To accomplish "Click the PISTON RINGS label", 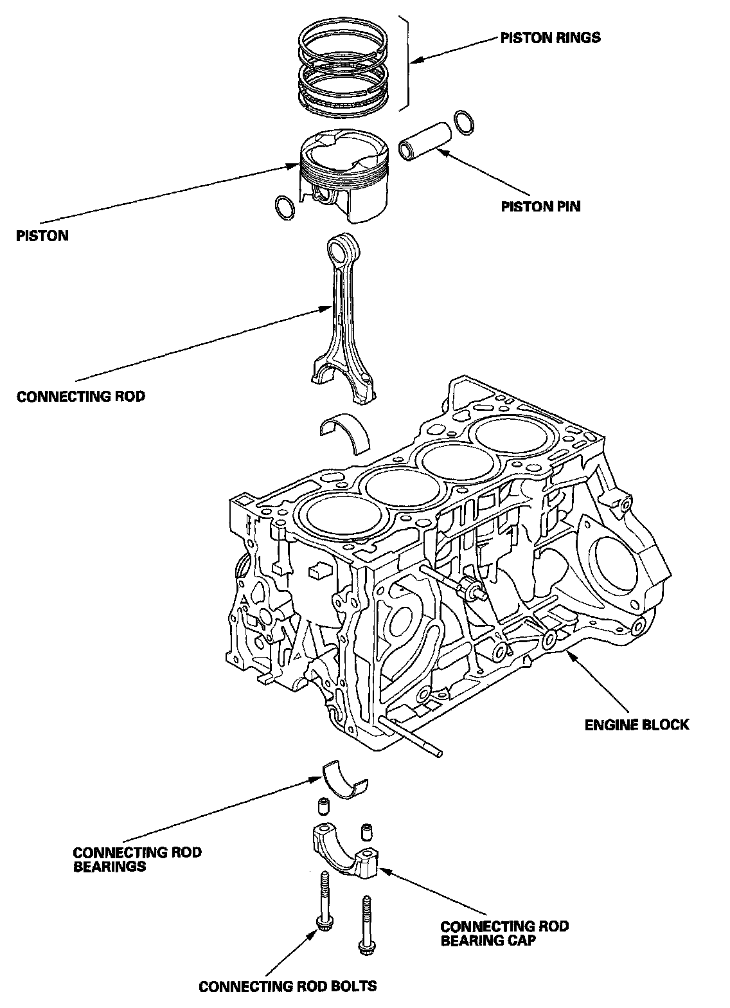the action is pyautogui.click(x=550, y=38).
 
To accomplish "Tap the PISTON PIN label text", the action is pyautogui.click(x=540, y=206).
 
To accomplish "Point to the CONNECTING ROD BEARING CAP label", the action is pyautogui.click(x=504, y=933).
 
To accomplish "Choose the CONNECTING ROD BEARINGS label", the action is pyautogui.click(x=137, y=859).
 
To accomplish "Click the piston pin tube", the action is pyautogui.click(x=424, y=140).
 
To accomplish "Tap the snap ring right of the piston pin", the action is pyautogui.click(x=464, y=122).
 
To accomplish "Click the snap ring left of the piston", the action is pyautogui.click(x=285, y=208).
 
